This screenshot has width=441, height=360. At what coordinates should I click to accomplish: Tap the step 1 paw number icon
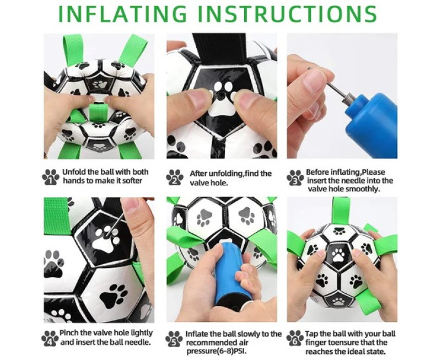(51, 177)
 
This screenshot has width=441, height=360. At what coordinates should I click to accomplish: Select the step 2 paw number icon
(175, 177)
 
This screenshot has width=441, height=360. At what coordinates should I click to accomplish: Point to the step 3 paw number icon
(295, 178)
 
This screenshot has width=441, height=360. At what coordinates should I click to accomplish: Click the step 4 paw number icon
(50, 338)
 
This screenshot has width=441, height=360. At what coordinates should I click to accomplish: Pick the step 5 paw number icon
(174, 338)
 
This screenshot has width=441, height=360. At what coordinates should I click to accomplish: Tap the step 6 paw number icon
(295, 338)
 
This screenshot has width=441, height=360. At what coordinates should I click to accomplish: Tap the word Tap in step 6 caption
(312, 334)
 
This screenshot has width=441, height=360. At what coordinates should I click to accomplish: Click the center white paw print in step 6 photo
(338, 255)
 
